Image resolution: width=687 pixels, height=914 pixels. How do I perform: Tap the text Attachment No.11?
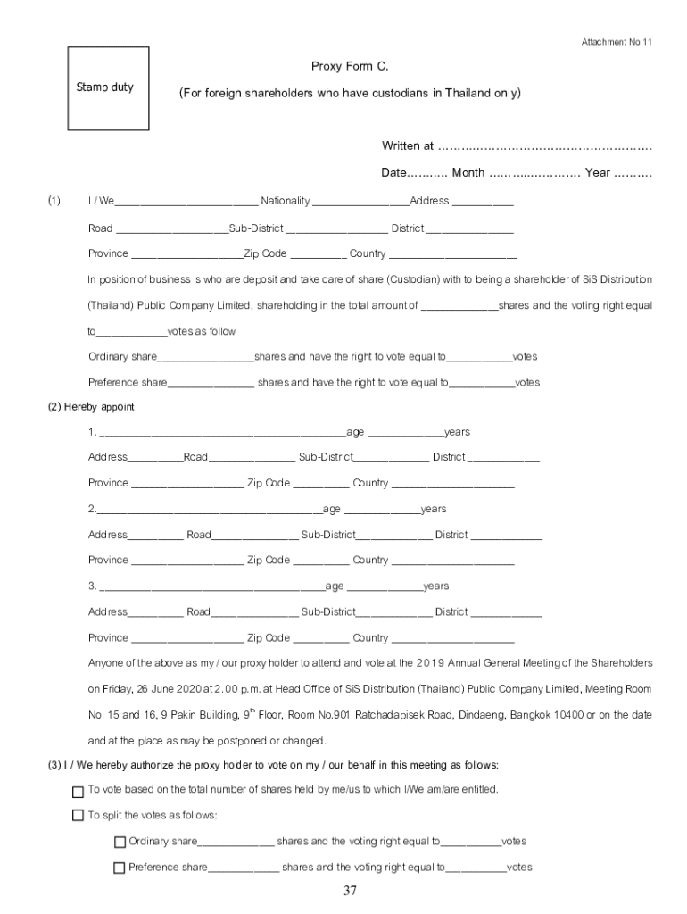pos(617,42)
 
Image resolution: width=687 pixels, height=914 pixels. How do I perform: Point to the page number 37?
pos(350,891)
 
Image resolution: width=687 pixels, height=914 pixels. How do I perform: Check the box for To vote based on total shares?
pos(78,791)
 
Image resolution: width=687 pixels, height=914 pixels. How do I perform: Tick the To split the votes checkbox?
pos(78,816)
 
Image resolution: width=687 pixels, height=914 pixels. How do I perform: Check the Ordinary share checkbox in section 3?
pos(120,842)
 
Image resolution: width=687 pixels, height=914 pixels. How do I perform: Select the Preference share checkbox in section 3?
pos(120,868)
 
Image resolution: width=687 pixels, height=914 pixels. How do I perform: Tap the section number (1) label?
pos(54,201)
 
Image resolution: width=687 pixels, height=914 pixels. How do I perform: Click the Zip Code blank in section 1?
pos(319,254)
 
